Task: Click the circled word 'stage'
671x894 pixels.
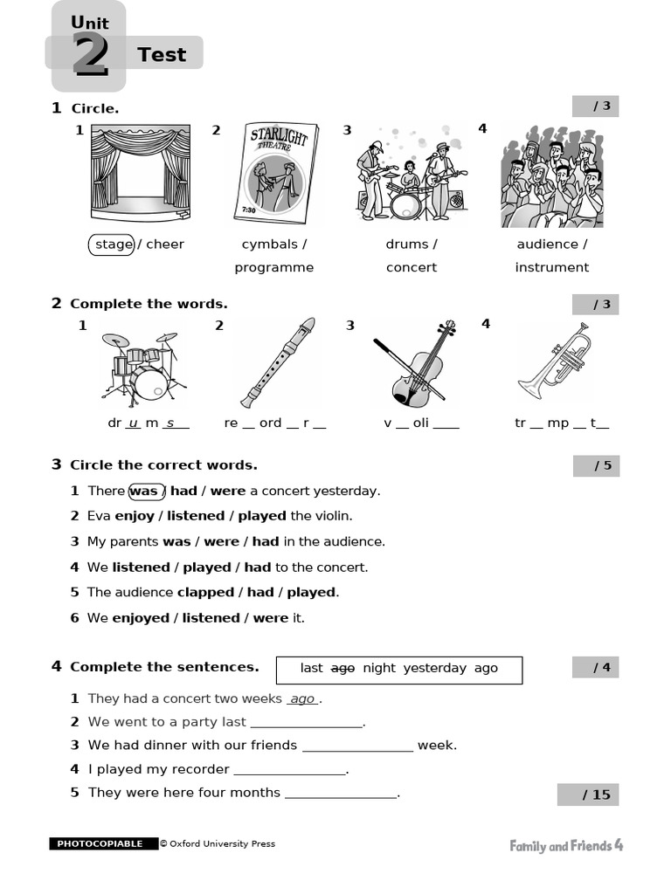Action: click(x=113, y=244)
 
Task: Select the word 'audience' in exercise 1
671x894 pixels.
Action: click(x=547, y=244)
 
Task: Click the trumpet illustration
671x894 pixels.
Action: click(x=554, y=361)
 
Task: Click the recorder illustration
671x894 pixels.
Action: click(x=278, y=362)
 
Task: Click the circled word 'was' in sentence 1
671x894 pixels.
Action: click(x=144, y=492)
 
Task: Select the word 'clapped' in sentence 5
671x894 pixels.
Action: click(x=205, y=593)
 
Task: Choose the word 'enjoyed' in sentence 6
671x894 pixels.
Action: click(x=141, y=618)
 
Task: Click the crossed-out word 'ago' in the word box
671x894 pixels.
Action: click(x=342, y=668)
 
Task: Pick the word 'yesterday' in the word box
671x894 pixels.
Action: click(x=435, y=668)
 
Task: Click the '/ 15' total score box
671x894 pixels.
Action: click(x=588, y=794)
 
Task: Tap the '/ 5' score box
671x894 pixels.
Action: click(x=596, y=465)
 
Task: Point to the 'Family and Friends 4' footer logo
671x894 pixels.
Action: click(x=566, y=845)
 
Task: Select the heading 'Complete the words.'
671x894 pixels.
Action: click(x=149, y=304)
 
